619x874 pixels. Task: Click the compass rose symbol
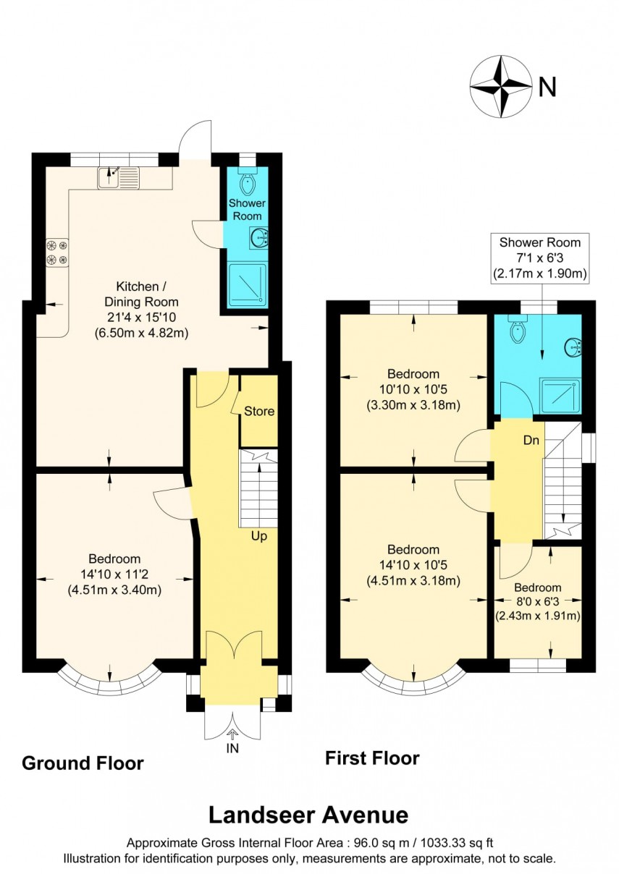500,87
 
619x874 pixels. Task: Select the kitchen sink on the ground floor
119,175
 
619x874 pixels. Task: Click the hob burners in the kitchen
57,252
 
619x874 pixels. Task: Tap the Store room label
258,412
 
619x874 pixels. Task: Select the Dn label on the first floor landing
532,441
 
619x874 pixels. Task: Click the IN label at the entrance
232,749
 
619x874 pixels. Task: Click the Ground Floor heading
83,763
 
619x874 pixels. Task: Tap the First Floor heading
371,758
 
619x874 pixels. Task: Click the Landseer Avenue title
308,815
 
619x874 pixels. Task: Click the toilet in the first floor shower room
518,330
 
